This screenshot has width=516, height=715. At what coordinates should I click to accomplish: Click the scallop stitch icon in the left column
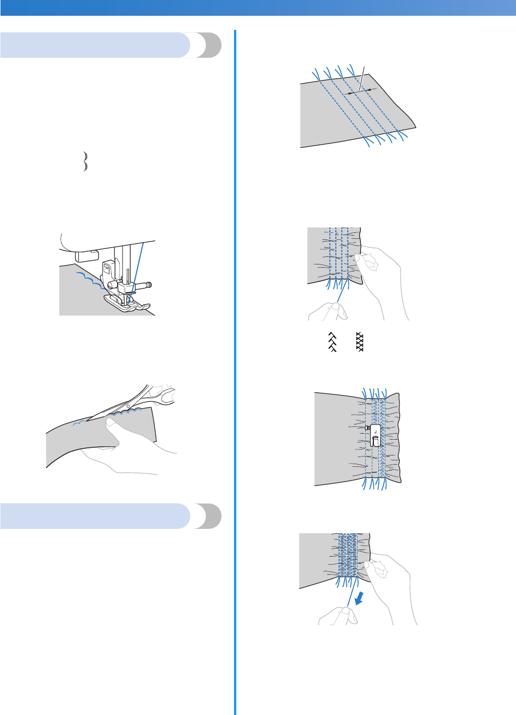[85, 162]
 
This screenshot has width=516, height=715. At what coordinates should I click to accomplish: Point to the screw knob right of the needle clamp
[148, 284]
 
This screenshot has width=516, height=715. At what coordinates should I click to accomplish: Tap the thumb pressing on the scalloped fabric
[117, 422]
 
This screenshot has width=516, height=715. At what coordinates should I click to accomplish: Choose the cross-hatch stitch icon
[359, 342]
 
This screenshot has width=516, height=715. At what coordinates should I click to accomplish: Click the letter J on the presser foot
[375, 420]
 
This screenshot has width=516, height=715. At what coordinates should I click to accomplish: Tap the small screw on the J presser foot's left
[368, 428]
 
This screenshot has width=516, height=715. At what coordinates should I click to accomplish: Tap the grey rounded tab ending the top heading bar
[209, 45]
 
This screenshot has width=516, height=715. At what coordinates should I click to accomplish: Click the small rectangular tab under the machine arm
[85, 253]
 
